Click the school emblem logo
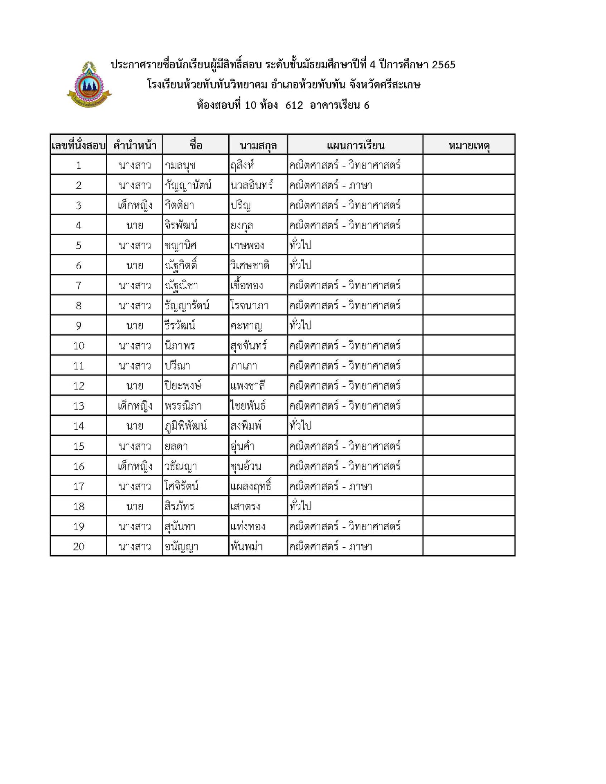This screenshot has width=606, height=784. [89, 85]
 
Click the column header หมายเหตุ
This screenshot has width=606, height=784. [469, 145]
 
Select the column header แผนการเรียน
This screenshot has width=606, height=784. [355, 145]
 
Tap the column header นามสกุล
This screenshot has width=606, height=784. [258, 145]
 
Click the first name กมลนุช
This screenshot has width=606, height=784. [180, 165]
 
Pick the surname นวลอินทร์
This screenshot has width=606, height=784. [251, 185]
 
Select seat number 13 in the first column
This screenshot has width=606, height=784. [79, 406]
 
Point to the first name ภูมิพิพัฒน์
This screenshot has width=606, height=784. [185, 426]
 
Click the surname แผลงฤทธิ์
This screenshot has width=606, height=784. [250, 486]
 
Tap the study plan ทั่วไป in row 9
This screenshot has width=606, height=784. [300, 326]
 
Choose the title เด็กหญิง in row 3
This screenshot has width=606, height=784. [135, 205]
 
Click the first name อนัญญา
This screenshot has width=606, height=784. [181, 547]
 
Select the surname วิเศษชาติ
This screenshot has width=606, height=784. [250, 266]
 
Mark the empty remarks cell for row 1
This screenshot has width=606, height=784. [469, 165]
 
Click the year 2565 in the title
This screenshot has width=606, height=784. [444, 65]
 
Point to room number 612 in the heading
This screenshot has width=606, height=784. [294, 105]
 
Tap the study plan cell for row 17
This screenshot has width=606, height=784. [331, 487]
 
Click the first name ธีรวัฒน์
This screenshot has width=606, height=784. [180, 326]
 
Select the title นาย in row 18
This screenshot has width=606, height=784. [135, 507]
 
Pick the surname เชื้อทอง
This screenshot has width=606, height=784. [246, 286]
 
